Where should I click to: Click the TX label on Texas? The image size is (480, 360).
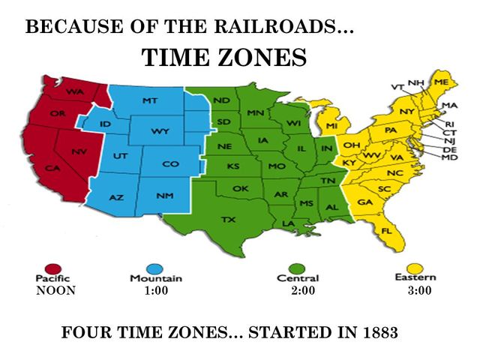[x=228, y=219]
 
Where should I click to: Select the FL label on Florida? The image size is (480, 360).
[x=387, y=230]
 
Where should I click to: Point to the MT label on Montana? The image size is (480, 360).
[x=149, y=100]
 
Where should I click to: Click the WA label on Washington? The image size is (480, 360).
[x=74, y=91]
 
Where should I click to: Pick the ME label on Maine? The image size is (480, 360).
[x=441, y=80]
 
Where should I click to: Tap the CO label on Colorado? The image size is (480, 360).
[x=171, y=163]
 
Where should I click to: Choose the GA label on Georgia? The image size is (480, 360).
[x=365, y=202]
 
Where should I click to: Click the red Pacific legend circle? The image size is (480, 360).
[x=52, y=268]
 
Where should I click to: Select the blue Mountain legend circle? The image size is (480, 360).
[x=156, y=267]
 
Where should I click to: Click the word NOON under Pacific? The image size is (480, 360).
[x=56, y=291]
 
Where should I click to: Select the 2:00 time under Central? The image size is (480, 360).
[x=302, y=291]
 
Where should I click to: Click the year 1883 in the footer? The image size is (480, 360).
[x=376, y=331]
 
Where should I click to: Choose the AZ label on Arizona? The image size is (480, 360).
[x=116, y=196]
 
